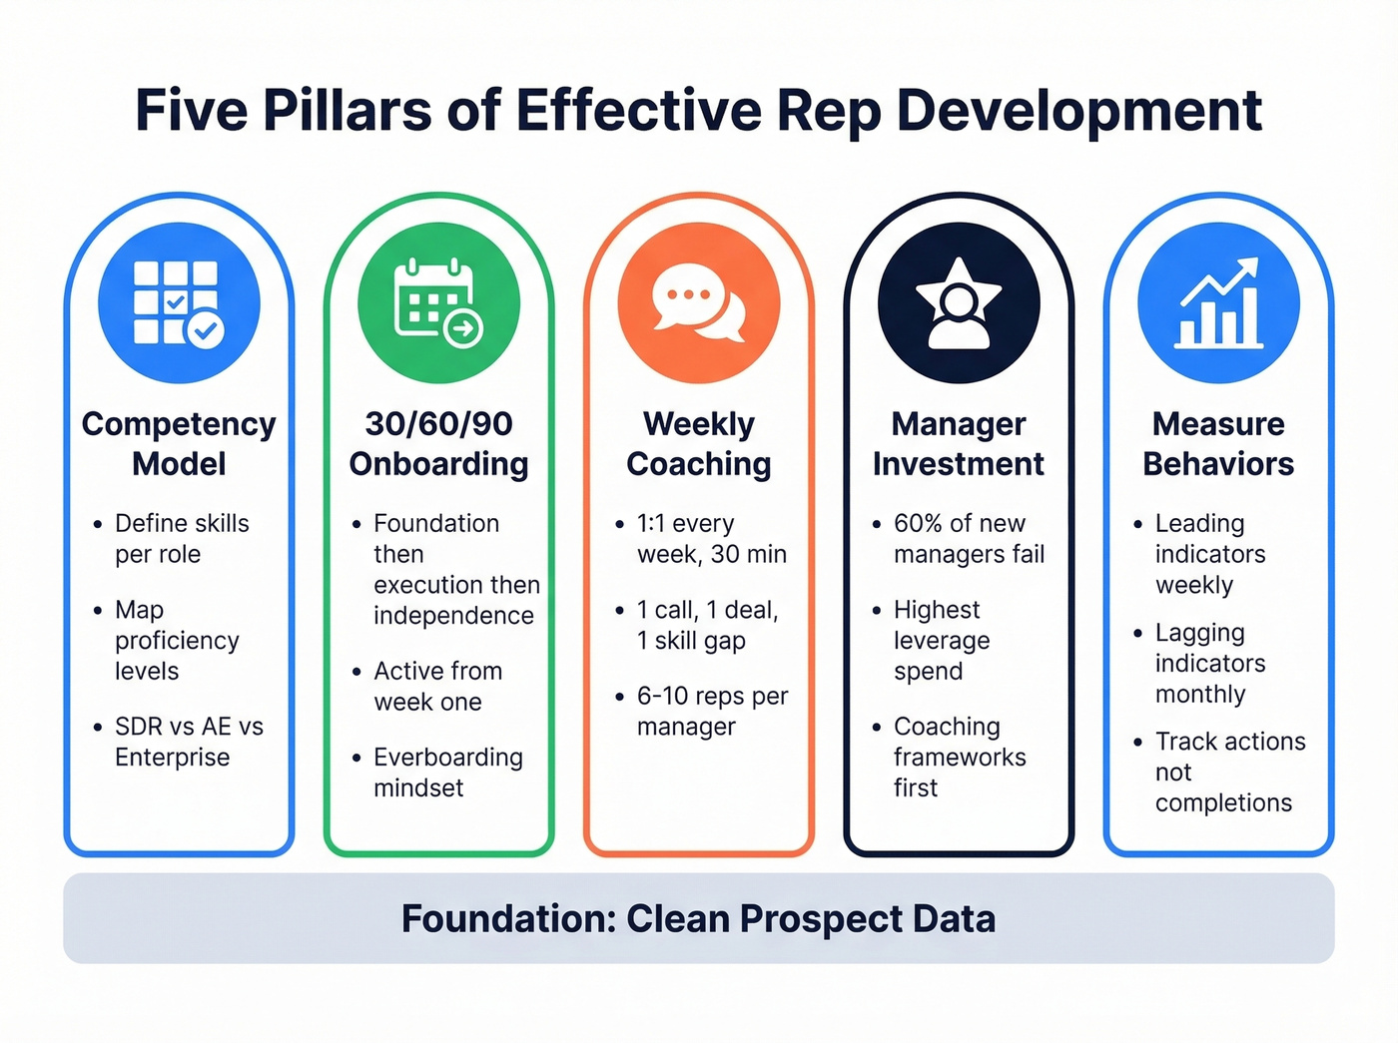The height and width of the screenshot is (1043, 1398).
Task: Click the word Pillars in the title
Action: point(348,111)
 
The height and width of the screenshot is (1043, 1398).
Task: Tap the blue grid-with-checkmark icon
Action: point(179,302)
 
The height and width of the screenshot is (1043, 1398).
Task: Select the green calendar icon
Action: point(438,302)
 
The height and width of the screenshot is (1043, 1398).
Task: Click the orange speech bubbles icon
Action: point(699,302)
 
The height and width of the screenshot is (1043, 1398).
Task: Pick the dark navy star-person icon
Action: point(959,302)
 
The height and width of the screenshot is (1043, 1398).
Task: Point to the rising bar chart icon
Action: point(1218,302)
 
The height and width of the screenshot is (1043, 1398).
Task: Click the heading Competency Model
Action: point(179,443)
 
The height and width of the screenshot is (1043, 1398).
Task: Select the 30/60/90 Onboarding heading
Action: point(438,443)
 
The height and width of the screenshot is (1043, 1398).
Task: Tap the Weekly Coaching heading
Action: point(699,443)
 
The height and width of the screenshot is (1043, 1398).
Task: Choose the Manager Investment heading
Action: point(959,443)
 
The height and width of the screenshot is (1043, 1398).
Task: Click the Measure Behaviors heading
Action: point(1218,443)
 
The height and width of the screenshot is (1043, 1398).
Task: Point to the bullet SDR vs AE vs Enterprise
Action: point(188,742)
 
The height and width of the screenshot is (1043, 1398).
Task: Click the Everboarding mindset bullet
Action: point(447,773)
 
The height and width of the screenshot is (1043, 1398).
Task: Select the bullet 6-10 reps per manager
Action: point(711,711)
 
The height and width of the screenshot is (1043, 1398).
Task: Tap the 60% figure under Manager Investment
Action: point(918,523)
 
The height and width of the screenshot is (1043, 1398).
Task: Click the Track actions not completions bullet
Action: point(1228,772)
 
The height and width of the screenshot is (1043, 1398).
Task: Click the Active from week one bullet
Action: point(437,686)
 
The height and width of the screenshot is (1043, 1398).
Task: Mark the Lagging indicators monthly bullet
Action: point(1208,663)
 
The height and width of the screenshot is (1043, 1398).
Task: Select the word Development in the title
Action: point(1079,111)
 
